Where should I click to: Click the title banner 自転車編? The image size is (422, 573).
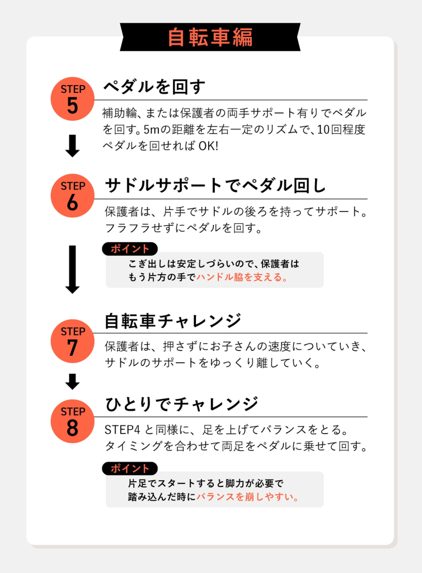pos(210,37)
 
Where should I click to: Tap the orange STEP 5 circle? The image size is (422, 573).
pos(72,98)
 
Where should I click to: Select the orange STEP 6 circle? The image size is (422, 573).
pos(72,195)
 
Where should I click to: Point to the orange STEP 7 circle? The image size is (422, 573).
pos(72,341)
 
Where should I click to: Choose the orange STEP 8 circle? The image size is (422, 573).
pos(72,421)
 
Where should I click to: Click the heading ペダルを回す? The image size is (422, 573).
pos(154,87)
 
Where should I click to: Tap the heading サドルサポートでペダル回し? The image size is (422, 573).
pos(215,185)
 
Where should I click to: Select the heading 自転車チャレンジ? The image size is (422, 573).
pos(173,321)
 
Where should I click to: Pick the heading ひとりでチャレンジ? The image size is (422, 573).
pos(181,404)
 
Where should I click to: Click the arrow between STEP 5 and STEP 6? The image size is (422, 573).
pos(72,146)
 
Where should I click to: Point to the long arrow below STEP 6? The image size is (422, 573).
pos(72,269)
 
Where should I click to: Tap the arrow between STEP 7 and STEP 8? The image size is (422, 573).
pos(72,382)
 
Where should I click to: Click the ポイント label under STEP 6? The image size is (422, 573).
pos(130,249)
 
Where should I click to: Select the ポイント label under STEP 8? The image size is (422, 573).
pos(130,468)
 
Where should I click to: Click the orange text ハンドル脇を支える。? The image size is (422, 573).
pos(242,278)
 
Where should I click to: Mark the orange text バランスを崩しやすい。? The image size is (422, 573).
pos(248,497)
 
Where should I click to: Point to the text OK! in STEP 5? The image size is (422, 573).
pos(208,146)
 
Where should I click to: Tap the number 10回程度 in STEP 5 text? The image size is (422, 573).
pos(341,129)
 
